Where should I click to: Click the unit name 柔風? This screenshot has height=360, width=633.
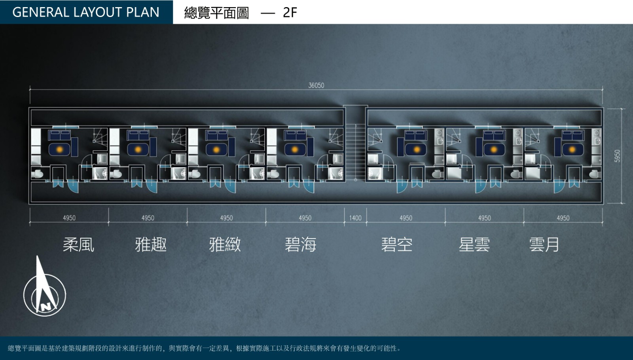coord(78,244)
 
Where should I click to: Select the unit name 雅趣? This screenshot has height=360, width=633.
coord(151,244)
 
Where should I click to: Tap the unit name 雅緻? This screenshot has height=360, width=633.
coord(225,244)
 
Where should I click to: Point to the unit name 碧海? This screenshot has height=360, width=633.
coord(300,244)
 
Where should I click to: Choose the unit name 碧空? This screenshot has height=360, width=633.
coord(397,244)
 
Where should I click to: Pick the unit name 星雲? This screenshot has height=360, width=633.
coord(474,244)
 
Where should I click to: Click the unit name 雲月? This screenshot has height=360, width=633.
coord(544,244)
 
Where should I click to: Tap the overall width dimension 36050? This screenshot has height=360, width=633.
coord(316,85)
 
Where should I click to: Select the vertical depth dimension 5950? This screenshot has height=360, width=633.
coord(618,156)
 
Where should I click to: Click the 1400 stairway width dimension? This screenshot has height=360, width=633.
coord(355,218)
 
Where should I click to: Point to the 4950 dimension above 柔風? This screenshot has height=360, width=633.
coord(69,218)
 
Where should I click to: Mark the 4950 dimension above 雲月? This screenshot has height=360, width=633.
coord(563,218)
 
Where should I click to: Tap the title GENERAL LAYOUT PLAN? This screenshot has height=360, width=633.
coord(86,12)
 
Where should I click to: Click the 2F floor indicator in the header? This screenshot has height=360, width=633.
coord(290,12)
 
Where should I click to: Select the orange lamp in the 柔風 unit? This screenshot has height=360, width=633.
coord(59,149)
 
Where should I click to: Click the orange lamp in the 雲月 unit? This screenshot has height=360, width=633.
coord(572,149)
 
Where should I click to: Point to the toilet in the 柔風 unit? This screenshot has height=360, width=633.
coord(37,174)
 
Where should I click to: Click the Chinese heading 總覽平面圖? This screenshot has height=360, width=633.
coord(216,13)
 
